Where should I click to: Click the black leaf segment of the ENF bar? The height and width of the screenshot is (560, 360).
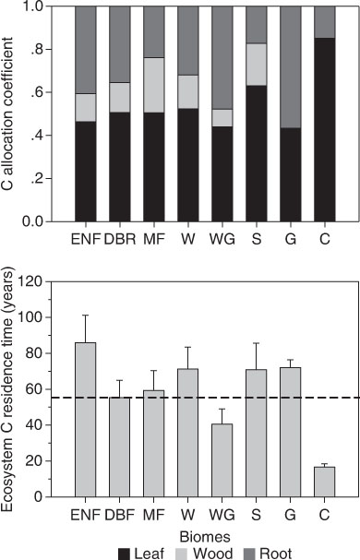pyautogui.click(x=86, y=172)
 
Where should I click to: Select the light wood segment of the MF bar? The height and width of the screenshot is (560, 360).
pyautogui.click(x=154, y=85)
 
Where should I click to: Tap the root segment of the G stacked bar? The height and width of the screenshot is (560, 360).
pyautogui.click(x=290, y=66)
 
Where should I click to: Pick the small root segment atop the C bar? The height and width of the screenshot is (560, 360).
pyautogui.click(x=325, y=22)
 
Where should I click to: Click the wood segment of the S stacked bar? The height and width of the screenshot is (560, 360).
pyautogui.click(x=257, y=65)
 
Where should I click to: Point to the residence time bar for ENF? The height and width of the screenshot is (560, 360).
pyautogui.click(x=86, y=420)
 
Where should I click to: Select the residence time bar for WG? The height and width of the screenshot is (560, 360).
pyautogui.click(x=222, y=460)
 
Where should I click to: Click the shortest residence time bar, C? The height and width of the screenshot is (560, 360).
pyautogui.click(x=325, y=482)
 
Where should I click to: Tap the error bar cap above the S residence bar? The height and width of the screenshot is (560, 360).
pyautogui.click(x=257, y=343)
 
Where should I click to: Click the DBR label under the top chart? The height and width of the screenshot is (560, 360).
pyautogui.click(x=120, y=239)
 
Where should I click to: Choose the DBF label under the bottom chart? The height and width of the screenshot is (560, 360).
pyautogui.click(x=119, y=515)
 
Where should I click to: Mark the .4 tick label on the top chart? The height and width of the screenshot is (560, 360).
pyautogui.click(x=39, y=136)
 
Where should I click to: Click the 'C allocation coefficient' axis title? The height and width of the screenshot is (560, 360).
pyautogui.click(x=7, y=113)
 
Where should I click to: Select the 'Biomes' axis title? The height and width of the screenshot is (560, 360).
pyautogui.click(x=205, y=537)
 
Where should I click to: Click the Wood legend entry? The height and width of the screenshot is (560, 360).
pyautogui.click(x=203, y=554)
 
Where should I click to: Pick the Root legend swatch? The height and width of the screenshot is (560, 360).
pyautogui.click(x=249, y=554)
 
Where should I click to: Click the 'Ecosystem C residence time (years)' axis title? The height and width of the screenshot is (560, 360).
pyautogui.click(x=7, y=389)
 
